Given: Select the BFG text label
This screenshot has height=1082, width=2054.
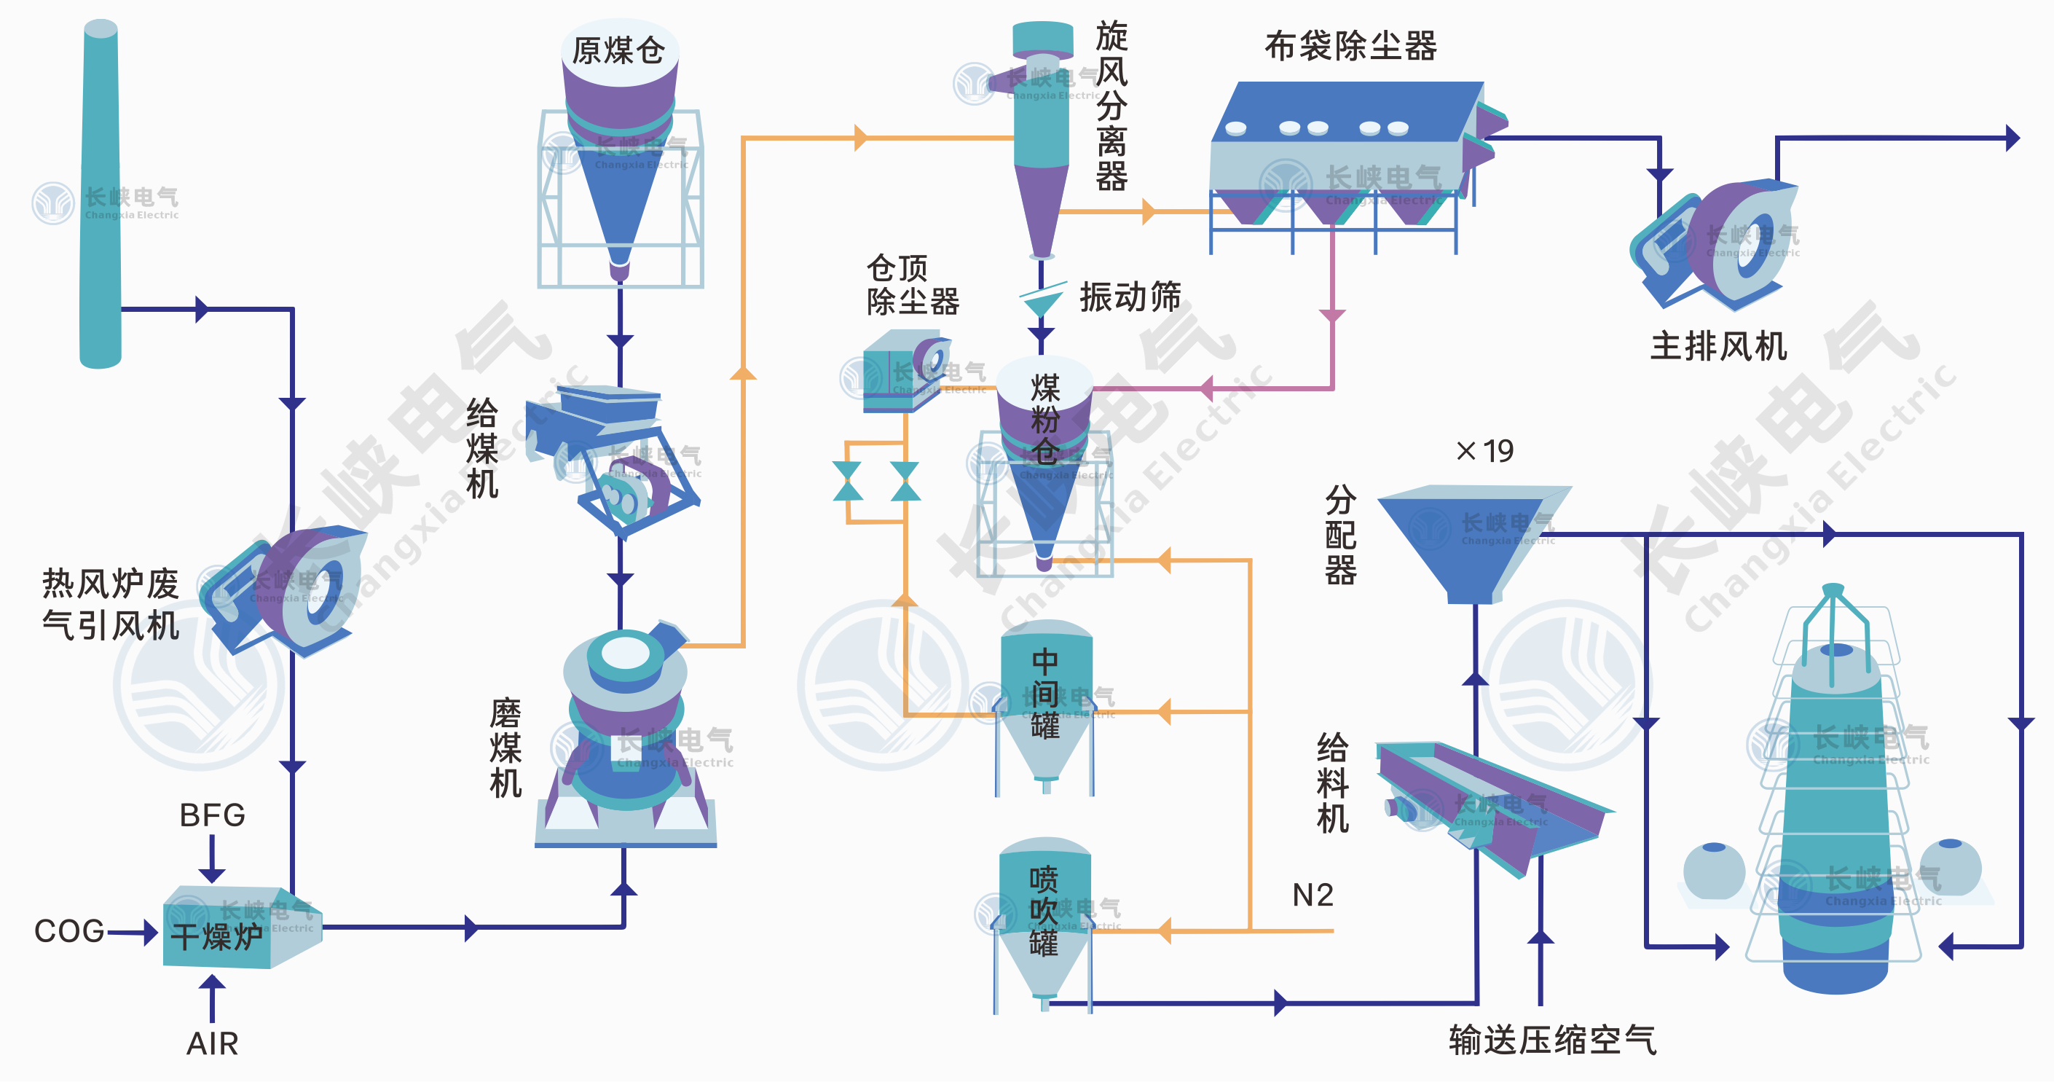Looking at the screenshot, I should point(212,815).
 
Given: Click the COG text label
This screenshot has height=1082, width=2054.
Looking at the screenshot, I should point(68,930).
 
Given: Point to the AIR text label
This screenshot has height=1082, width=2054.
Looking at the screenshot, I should point(212,1043).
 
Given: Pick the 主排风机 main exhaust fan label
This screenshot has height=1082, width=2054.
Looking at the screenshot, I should point(1717,346).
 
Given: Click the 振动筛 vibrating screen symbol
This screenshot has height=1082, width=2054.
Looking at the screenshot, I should point(1042,299).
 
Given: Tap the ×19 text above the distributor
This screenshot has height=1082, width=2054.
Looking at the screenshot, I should point(1484,450).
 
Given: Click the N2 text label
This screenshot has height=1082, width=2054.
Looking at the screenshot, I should point(1313,895).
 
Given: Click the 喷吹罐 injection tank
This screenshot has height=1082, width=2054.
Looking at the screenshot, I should point(1044,913).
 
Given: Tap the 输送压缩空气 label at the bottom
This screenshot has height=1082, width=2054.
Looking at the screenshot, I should point(1551,1040).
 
